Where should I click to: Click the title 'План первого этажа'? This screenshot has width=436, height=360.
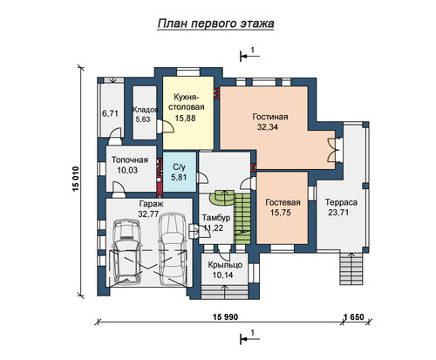point(215,24)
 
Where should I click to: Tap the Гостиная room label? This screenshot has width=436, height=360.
point(270,117)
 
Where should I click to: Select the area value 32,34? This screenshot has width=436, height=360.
point(268,127)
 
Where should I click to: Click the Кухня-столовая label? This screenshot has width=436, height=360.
point(187,102)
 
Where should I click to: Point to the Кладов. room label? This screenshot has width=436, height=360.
point(146,110)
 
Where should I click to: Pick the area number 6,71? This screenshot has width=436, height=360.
point(110,113)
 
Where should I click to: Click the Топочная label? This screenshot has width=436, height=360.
point(130,160)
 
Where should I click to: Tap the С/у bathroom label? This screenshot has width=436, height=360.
point(179,167)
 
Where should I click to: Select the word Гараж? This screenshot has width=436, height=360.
point(151,204)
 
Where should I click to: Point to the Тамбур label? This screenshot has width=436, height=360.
point(216,218)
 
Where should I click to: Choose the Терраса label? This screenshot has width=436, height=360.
point(341,202)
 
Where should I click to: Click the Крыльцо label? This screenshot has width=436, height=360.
point(225,265)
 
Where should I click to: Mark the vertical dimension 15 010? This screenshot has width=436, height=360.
point(75,180)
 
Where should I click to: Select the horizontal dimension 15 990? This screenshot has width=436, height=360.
point(225,317)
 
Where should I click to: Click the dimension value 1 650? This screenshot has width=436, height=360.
point(353,317)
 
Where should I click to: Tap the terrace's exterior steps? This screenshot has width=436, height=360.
point(351,268)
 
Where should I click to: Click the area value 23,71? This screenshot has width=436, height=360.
point(338,213)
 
